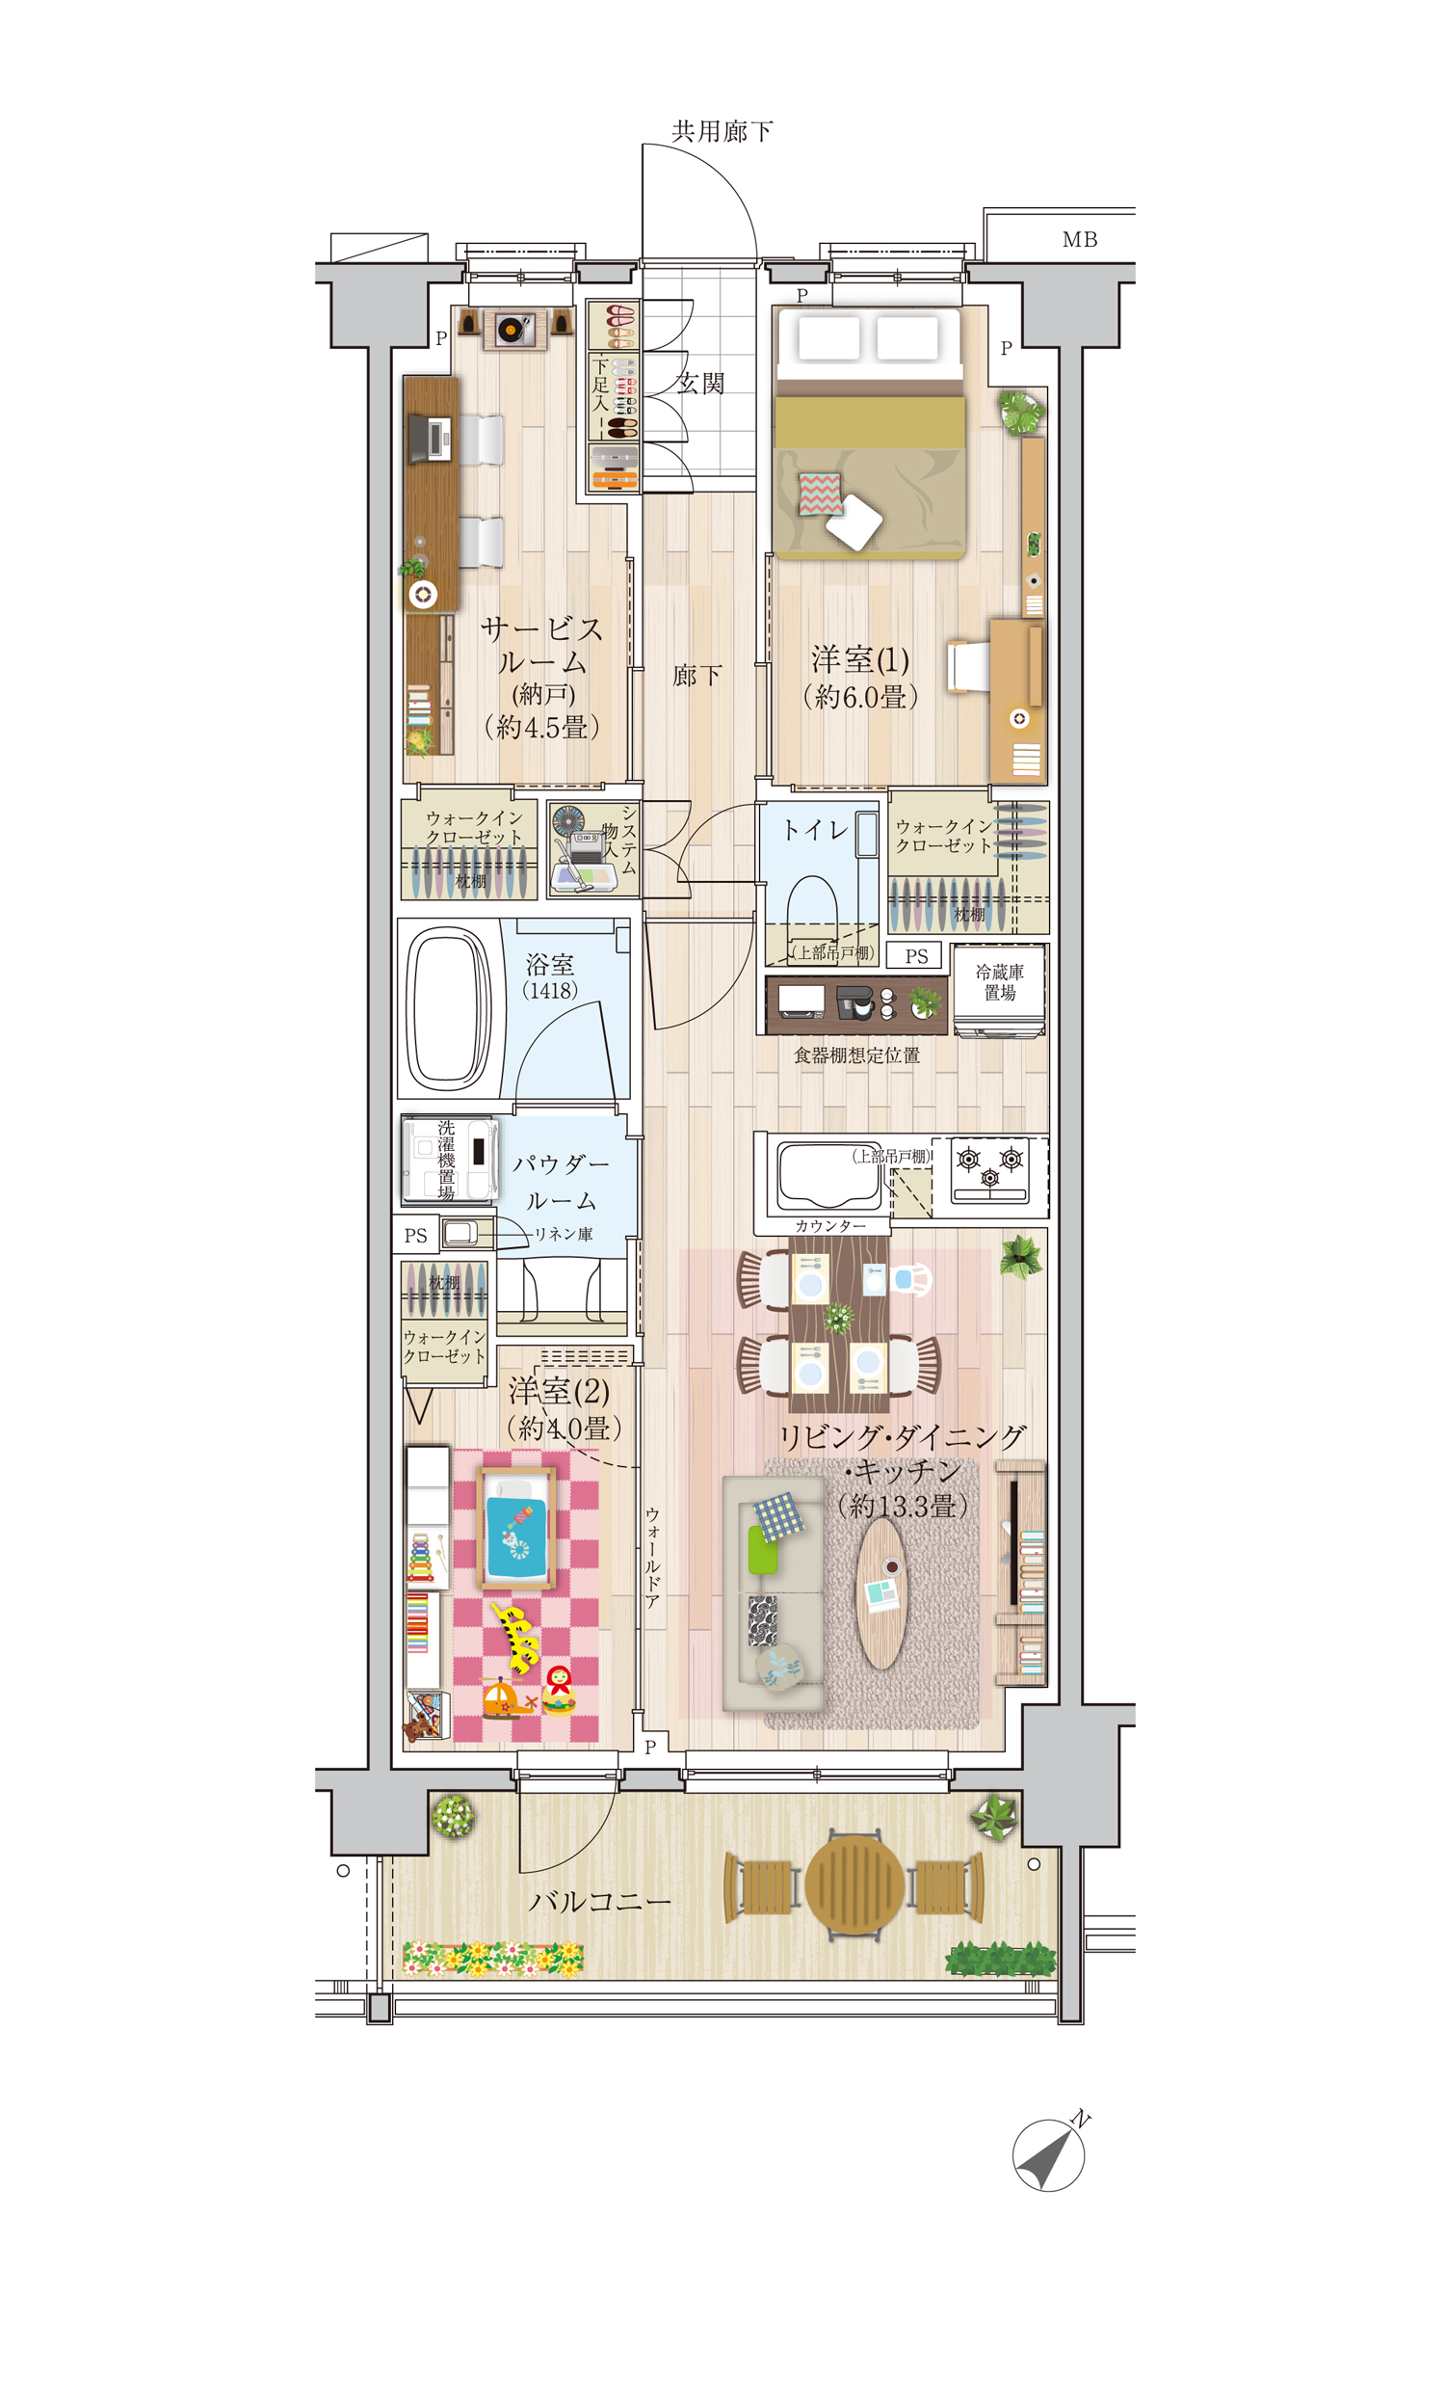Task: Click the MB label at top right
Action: tap(1080, 240)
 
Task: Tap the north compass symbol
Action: tap(1049, 2155)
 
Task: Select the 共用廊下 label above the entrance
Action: tap(722, 130)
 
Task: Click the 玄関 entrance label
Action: tap(700, 384)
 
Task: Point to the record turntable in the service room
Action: tap(512, 330)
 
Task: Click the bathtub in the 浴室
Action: tap(449, 1008)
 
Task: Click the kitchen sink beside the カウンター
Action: tap(828, 1175)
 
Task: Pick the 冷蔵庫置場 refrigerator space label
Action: tap(1000, 982)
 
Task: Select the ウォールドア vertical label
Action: tap(652, 1558)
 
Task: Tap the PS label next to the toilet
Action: tap(916, 956)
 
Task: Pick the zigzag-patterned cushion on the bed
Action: tap(819, 494)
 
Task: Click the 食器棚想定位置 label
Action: tap(856, 1055)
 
